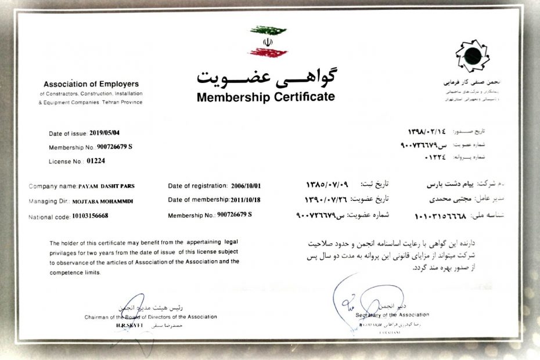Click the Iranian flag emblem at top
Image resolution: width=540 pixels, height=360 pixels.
coord(268,41)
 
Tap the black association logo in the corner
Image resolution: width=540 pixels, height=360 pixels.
coord(468,55)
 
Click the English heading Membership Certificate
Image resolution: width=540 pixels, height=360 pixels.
coord(265,96)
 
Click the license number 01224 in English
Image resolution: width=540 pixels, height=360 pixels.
coord(96,161)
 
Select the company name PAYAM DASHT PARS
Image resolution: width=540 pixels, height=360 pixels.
coord(113,186)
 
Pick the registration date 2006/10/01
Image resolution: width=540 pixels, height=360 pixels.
coord(246,186)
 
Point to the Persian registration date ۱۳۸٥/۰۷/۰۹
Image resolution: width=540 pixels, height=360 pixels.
coord(327,185)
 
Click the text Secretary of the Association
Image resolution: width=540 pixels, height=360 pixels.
coord(393,315)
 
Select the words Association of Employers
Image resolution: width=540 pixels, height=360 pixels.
coord(91,84)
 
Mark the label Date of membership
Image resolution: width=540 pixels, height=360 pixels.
coord(200,200)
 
